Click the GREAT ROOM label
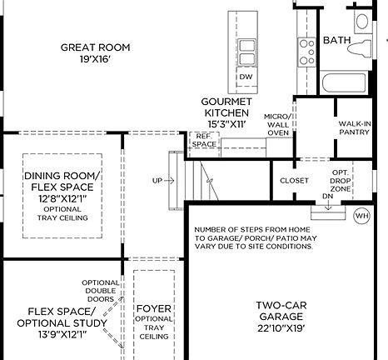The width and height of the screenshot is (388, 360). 93,47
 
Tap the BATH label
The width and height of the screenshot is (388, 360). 336,39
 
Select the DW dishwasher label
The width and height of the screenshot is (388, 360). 246,77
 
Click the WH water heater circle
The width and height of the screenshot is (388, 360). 361,215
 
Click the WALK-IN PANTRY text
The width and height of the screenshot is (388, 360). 355,128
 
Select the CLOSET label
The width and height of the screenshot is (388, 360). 294,180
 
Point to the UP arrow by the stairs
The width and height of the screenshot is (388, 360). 162,180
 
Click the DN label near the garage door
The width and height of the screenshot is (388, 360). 327,197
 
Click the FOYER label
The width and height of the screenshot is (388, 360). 153,307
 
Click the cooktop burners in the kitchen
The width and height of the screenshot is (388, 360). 306,51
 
